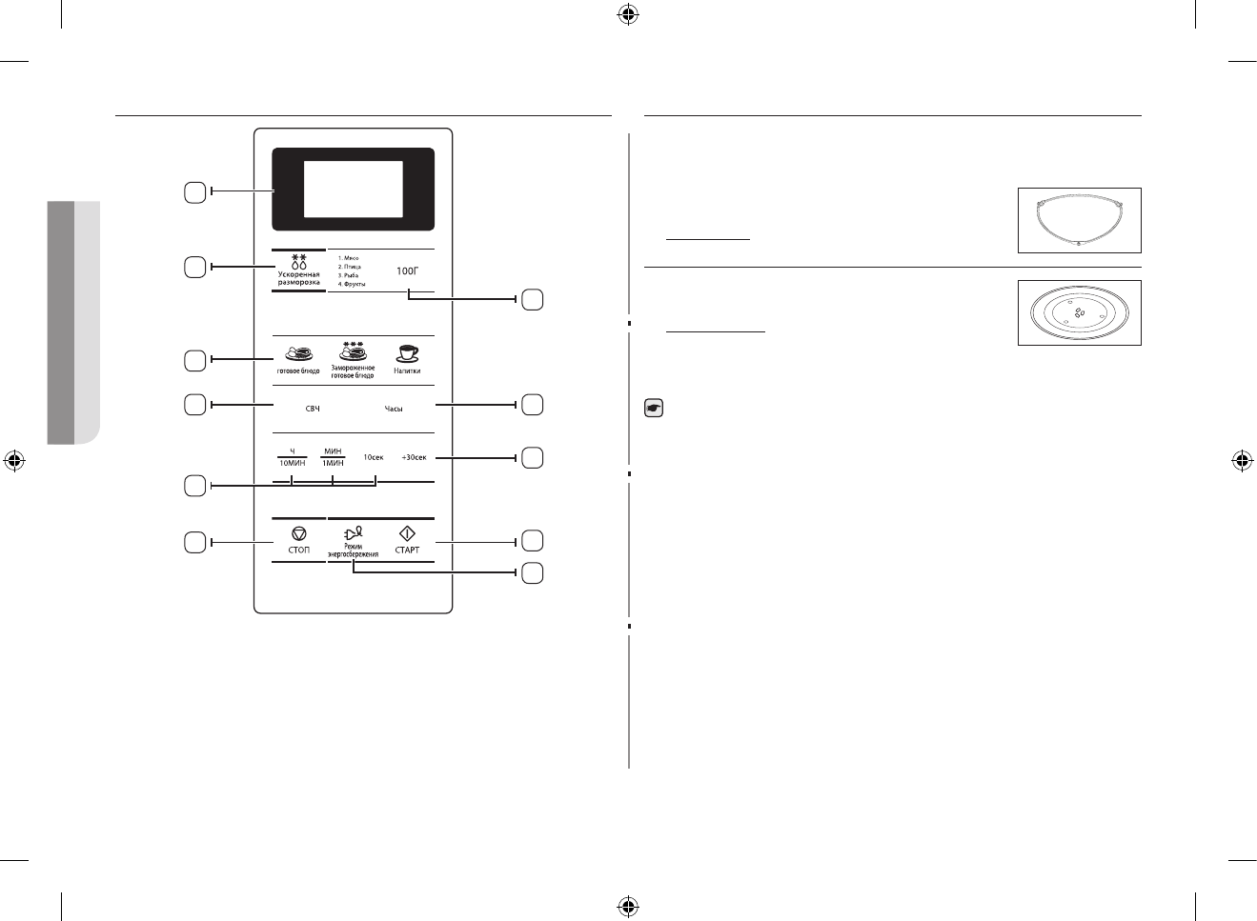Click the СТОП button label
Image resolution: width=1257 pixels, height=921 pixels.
tap(298, 551)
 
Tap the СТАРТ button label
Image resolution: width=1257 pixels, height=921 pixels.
tap(407, 551)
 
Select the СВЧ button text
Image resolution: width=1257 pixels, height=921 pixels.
tap(312, 409)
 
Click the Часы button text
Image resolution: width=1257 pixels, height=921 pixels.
tap(394, 409)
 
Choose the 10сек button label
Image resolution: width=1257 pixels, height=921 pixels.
tap(374, 457)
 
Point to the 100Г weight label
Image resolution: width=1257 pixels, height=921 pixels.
tap(407, 271)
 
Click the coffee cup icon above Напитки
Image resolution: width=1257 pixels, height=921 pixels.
tap(407, 352)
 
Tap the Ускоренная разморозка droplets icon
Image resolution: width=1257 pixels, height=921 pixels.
tap(299, 262)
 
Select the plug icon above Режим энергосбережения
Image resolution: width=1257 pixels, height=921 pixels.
tap(353, 535)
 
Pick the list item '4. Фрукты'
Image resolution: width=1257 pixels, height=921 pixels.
tap(352, 284)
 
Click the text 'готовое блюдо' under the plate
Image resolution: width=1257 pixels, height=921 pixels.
tap(297, 370)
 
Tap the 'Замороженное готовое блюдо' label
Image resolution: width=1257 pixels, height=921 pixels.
tap(353, 371)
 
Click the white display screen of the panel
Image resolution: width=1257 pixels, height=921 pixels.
tap(353, 189)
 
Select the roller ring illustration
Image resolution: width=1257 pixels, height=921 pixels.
tap(1079, 220)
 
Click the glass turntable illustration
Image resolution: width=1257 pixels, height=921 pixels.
tap(1079, 312)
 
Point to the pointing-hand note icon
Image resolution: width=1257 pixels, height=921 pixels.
tap(654, 409)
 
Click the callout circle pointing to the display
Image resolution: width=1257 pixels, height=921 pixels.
tap(193, 192)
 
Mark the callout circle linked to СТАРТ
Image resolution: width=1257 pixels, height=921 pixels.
tap(533, 541)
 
